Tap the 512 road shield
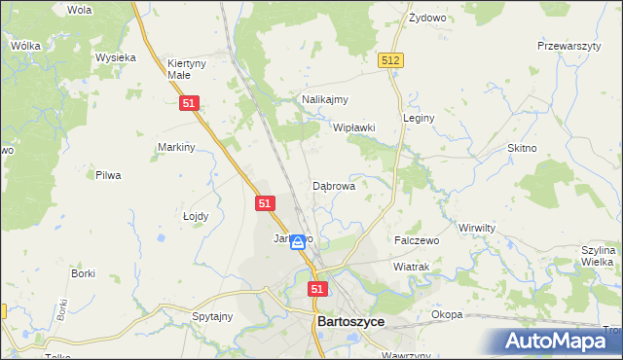[390, 60]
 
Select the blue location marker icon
[298, 242]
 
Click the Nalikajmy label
[325, 99]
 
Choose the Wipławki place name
[354, 127]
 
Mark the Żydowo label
[426, 18]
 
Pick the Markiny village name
[177, 147]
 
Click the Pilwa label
[107, 175]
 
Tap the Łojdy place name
[196, 217]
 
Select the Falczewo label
[417, 239]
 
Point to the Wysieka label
[115, 57]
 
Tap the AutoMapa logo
[558, 342]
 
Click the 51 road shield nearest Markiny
[191, 103]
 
